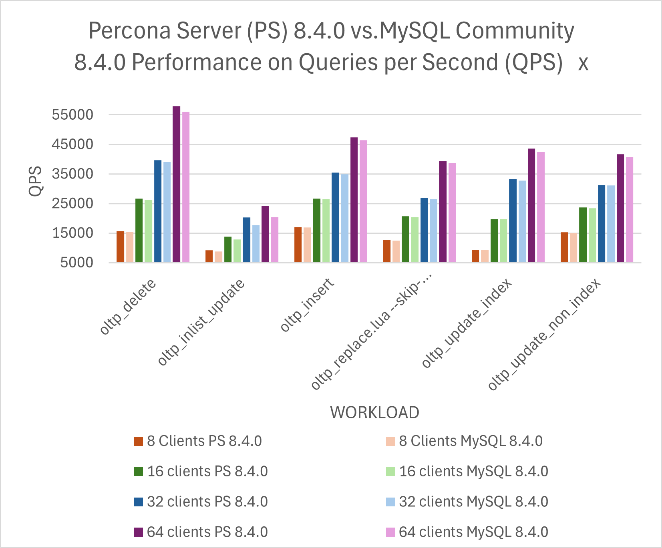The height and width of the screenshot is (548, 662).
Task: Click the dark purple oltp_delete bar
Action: (x=176, y=184)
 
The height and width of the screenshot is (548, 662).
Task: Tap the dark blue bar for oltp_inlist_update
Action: (x=246, y=240)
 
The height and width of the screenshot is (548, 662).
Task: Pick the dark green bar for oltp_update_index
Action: (x=494, y=241)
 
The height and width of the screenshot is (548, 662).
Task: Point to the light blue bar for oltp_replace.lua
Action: (x=433, y=231)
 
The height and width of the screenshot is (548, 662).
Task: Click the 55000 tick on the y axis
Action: (x=72, y=115)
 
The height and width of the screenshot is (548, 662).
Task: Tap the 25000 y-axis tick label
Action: (x=72, y=203)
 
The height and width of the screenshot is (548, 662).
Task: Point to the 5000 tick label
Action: (x=76, y=263)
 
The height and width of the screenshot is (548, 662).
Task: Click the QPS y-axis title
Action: (x=36, y=181)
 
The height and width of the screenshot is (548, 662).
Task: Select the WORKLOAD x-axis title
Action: (x=374, y=412)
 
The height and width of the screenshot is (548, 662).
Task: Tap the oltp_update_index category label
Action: (x=467, y=323)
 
